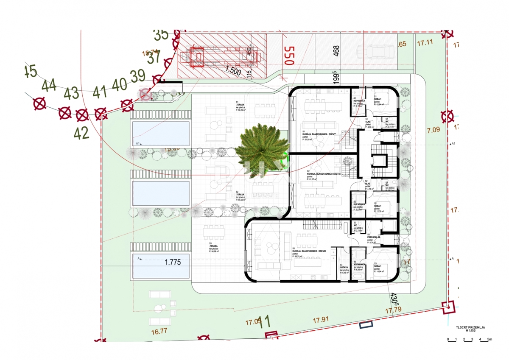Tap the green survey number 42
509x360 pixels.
(x=81, y=133)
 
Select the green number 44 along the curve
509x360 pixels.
(x=50, y=86)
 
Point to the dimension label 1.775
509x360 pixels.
(x=173, y=262)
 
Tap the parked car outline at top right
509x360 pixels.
(x=375, y=52)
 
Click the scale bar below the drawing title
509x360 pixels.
(x=469, y=339)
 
